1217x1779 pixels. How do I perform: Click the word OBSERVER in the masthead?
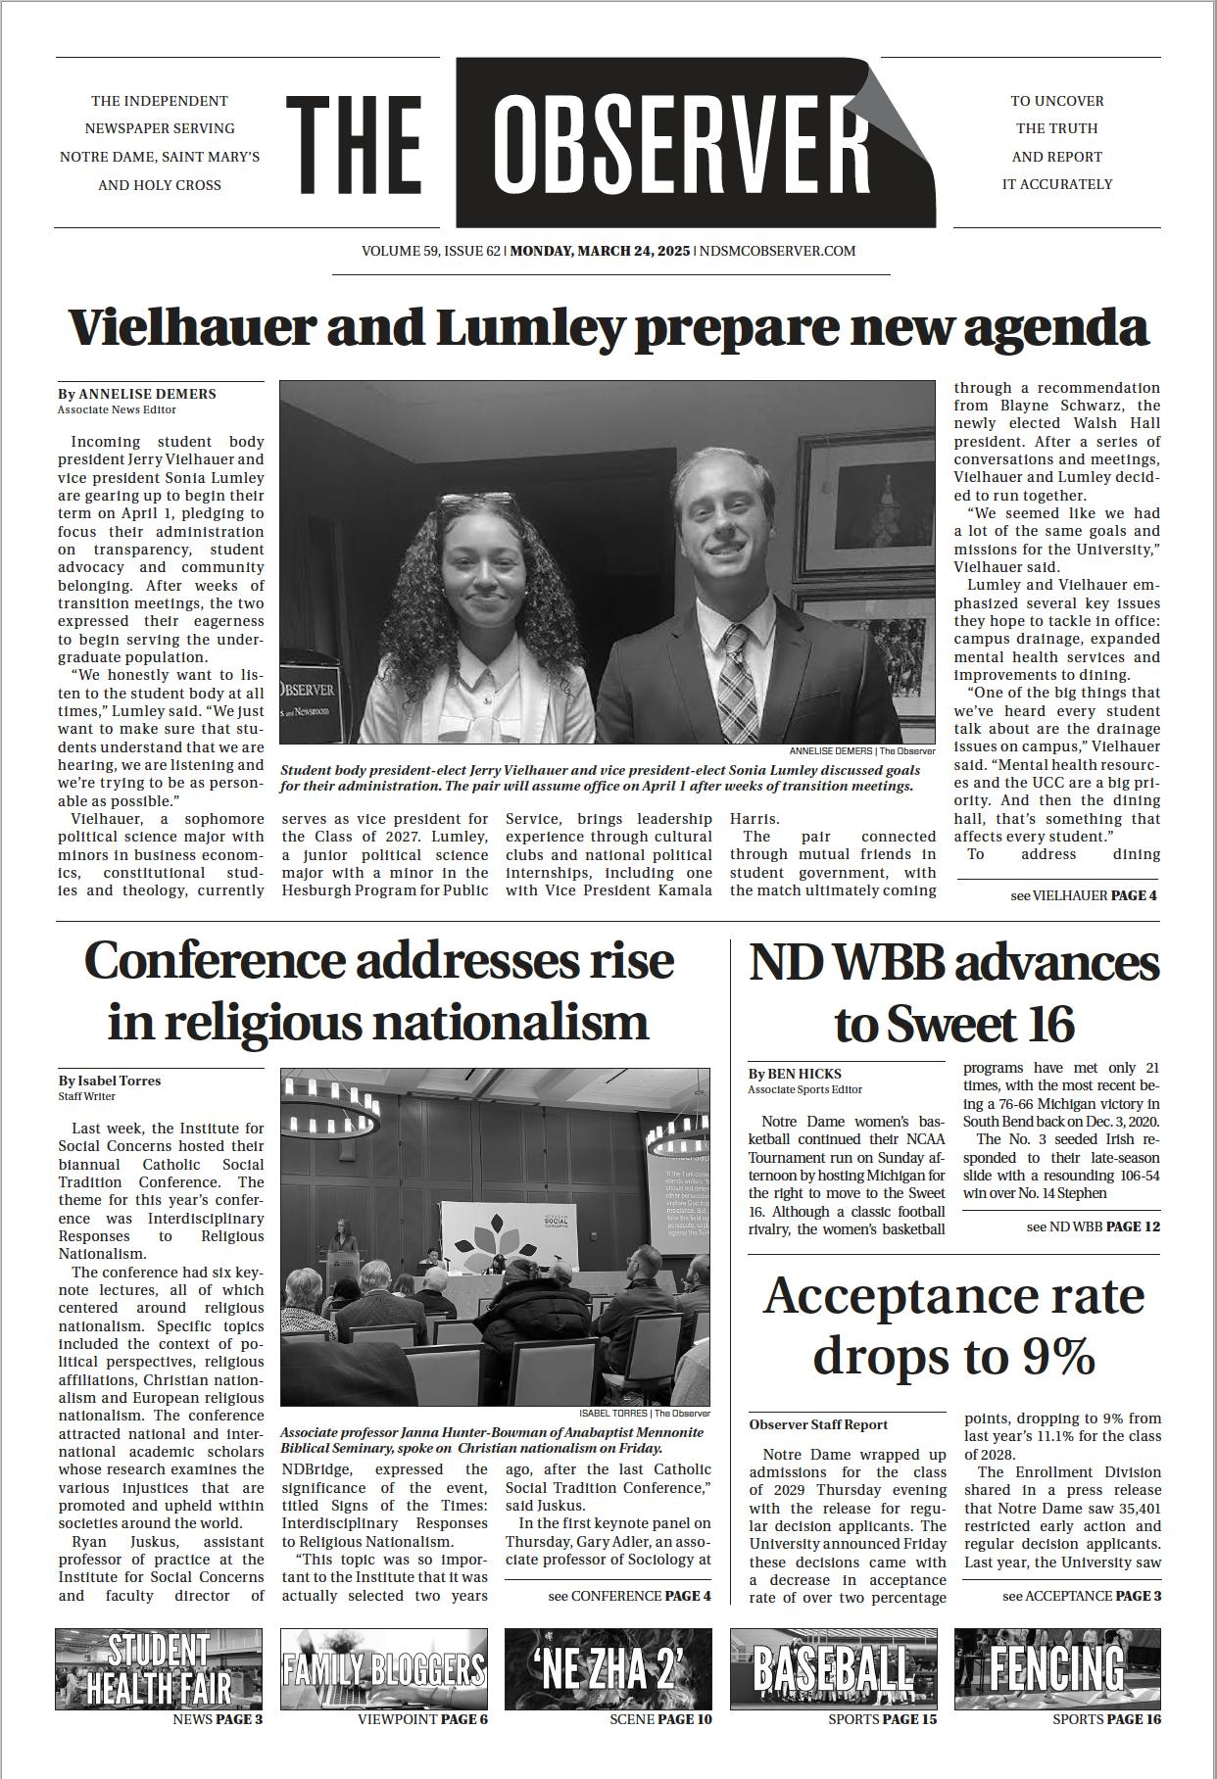tap(681, 143)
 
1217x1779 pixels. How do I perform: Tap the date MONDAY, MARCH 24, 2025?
tap(600, 251)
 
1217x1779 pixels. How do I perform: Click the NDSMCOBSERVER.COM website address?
tap(777, 251)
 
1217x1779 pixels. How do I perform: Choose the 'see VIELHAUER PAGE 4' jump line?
tap(1083, 895)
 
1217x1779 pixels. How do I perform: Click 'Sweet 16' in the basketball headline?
tap(954, 1024)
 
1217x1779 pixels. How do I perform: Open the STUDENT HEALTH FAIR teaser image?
tap(159, 1669)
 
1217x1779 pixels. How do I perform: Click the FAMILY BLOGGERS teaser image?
tap(383, 1669)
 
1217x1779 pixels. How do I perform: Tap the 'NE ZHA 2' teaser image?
tap(608, 1669)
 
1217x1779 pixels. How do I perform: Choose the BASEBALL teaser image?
tap(833, 1669)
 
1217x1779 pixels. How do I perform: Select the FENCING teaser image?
tap(1057, 1669)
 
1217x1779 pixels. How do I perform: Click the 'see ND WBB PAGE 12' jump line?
tap(1093, 1226)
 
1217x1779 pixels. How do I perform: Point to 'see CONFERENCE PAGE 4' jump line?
tap(629, 1596)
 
